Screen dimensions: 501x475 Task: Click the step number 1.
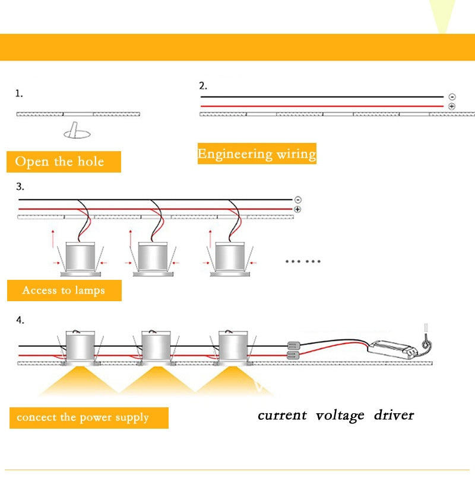coord(19,94)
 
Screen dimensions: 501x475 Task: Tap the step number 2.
coord(202,85)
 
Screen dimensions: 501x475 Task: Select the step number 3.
coord(20,187)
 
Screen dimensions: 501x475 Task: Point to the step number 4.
coord(20,320)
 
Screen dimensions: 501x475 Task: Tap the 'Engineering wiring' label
coord(256,154)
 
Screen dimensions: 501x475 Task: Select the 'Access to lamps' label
coord(64,291)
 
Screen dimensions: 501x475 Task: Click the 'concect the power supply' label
coord(83,417)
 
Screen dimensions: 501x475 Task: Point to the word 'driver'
coord(394,414)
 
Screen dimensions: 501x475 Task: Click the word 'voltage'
coord(340,415)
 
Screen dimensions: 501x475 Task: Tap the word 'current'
coord(282,414)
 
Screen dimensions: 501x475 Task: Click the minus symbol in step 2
coord(452,97)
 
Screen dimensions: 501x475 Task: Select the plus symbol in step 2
coord(452,106)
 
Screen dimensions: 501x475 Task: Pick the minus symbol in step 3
coord(297,200)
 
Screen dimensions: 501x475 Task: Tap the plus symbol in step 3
coord(297,209)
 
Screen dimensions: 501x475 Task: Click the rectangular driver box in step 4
coord(394,348)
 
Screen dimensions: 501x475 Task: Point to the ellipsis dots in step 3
coord(303,261)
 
